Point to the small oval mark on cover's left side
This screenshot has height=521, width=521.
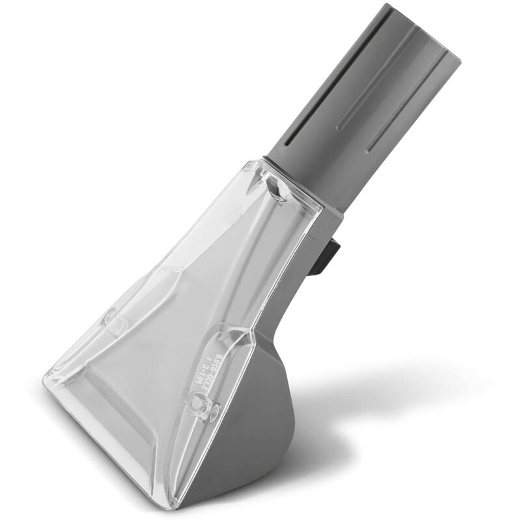(111, 319)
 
